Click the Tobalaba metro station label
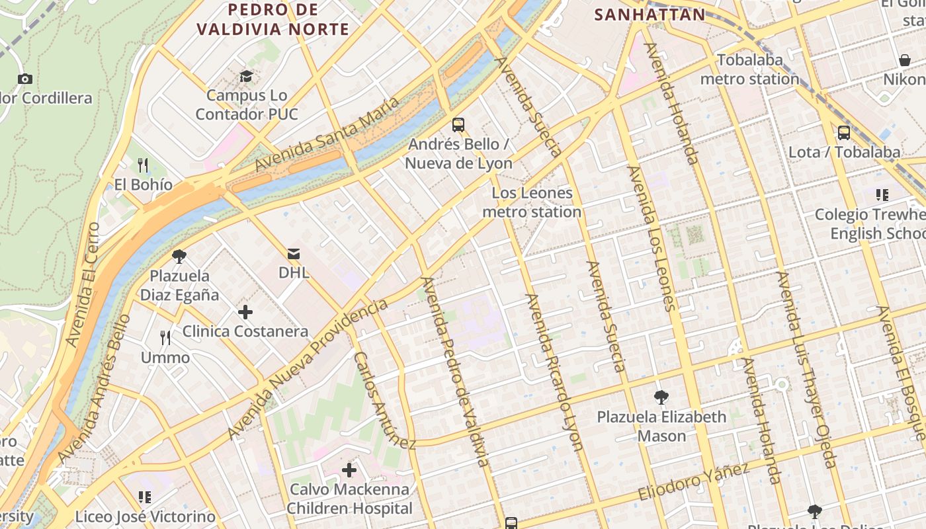[x=749, y=69]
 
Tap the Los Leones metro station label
[x=532, y=202]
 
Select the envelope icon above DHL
[x=293, y=253]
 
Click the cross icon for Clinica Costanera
[x=245, y=312]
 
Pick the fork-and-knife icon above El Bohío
[x=143, y=165]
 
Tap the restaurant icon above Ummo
[x=165, y=338]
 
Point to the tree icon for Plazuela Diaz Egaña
[x=179, y=256]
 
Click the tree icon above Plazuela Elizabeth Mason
[x=661, y=397]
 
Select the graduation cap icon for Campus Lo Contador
[x=246, y=76]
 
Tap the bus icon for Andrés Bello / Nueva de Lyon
[x=458, y=124]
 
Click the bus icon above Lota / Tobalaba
[x=844, y=132]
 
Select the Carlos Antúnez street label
[x=384, y=400]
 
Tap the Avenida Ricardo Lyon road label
[x=554, y=372]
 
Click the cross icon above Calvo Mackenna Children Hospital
[x=349, y=471]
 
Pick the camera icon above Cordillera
[x=25, y=79]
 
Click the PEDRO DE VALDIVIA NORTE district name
[x=273, y=20]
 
